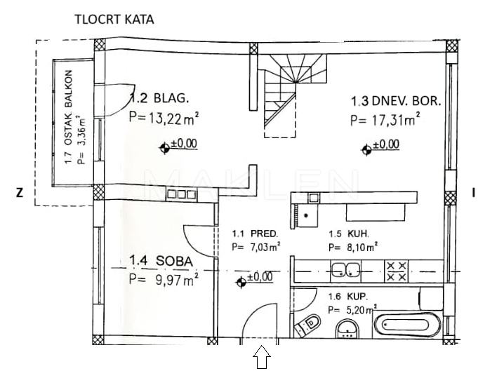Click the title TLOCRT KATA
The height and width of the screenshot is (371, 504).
coord(114,20)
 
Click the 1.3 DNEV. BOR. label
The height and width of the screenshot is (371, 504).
coord(396,101)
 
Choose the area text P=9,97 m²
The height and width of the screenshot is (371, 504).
coord(164,279)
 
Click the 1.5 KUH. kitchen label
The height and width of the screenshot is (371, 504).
coord(349,234)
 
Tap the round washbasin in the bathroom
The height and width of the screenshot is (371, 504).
coord(347,328)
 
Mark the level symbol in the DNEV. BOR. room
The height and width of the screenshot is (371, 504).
coord(366,148)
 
